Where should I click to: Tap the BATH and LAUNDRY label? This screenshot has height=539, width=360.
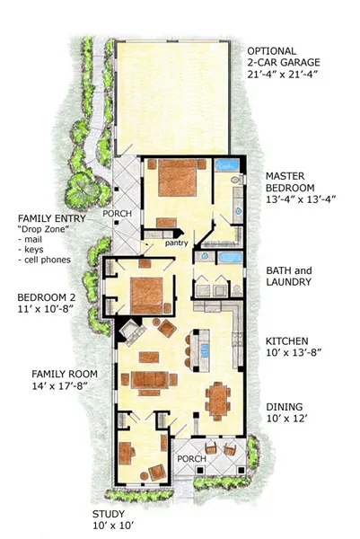tap(288, 275)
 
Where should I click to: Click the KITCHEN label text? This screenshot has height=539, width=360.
tap(287, 341)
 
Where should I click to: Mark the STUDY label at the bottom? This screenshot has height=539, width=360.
tap(109, 514)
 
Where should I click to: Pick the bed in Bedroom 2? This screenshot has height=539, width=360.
tap(148, 294)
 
